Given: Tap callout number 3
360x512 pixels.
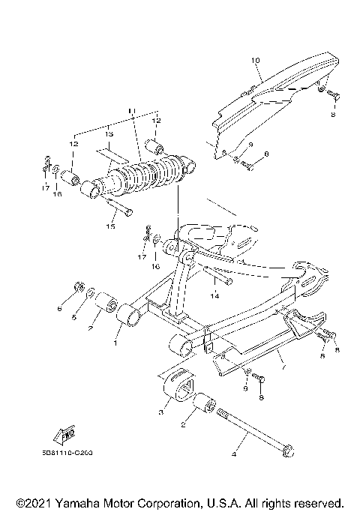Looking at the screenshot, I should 160,412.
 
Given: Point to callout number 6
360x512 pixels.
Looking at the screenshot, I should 59,308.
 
